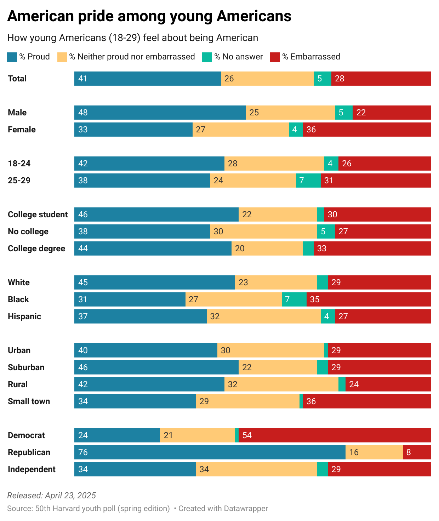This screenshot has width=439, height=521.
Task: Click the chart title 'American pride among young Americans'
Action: (149, 16)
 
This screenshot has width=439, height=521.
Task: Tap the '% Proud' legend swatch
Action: (12, 57)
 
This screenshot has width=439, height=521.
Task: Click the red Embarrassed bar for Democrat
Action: (335, 435)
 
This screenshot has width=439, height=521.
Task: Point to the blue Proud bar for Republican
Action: (210, 452)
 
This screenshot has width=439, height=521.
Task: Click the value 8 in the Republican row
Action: (409, 452)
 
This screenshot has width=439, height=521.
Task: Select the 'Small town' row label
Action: (29, 401)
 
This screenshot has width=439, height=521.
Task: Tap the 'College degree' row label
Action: (36, 248)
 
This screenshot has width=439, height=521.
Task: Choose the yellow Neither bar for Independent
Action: (256, 469)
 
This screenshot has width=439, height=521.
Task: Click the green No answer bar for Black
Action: (294, 299)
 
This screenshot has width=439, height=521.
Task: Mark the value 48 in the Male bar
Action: (83, 113)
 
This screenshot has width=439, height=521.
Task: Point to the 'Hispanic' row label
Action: (24, 316)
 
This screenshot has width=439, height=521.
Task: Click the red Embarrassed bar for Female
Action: (367, 130)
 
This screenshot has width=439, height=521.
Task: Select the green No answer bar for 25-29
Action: (308, 181)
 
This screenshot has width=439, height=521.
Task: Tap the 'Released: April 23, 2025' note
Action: (51, 496)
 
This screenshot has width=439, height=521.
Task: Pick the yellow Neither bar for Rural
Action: (281, 384)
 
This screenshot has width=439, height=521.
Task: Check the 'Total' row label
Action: (17, 79)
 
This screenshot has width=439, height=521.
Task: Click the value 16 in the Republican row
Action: (354, 452)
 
